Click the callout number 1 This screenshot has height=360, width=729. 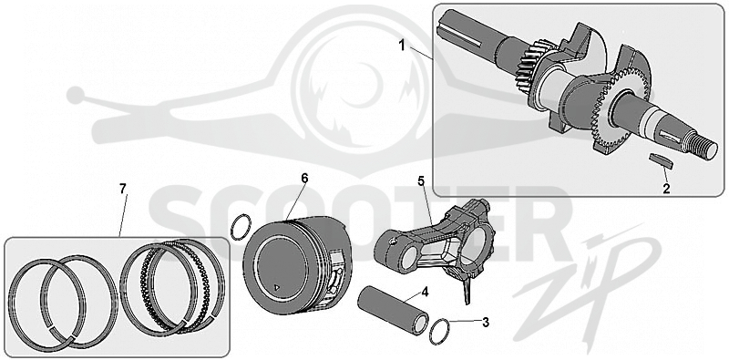[403, 46]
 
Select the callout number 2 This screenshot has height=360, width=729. [666, 189]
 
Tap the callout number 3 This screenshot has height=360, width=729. [486, 322]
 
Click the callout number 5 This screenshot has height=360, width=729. [421, 181]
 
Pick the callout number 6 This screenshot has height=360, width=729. [304, 178]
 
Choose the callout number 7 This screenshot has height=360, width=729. [122, 189]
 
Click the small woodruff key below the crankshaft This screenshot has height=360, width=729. [661, 160]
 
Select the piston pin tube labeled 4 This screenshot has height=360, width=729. [393, 310]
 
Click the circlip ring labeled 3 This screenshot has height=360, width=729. [439, 332]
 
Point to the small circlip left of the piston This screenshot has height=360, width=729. [241, 227]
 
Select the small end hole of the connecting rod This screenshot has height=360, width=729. [408, 257]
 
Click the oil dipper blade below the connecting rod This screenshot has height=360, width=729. [467, 289]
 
